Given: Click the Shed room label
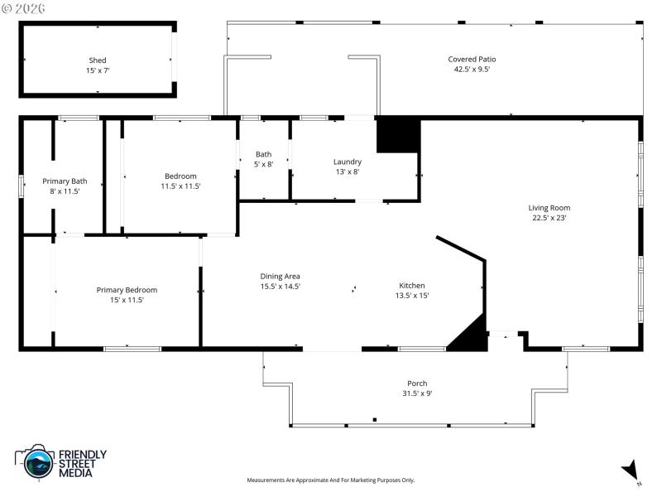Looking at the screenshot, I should (98, 60).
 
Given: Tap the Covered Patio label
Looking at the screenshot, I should (472, 59).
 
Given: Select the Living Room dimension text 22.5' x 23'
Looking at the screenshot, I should (550, 219).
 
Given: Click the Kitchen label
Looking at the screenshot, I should (412, 285).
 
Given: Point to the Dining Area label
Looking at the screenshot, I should (280, 276).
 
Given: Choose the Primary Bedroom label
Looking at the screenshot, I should (127, 290).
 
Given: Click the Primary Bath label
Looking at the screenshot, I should (65, 181).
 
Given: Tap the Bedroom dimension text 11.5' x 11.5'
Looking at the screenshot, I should (180, 186).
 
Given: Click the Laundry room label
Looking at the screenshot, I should (348, 162).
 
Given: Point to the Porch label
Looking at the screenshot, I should (417, 384).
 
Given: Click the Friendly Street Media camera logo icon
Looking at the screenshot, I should (36, 462).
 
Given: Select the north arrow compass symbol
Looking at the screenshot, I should (631, 469).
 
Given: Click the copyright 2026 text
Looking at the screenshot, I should (24, 7).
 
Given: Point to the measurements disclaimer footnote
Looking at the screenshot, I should (331, 480).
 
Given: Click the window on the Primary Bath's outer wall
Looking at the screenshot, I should (22, 185).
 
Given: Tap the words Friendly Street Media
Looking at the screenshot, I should (81, 464).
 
